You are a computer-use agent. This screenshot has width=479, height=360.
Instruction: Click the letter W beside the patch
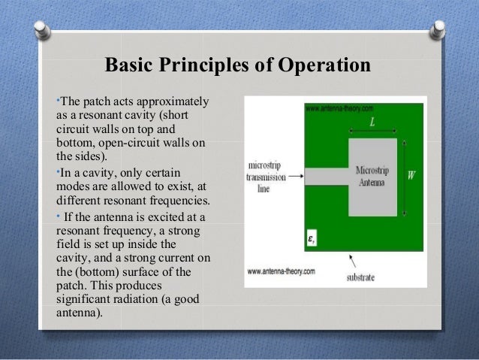coord(411,175)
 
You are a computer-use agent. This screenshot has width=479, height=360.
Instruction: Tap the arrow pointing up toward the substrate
coord(350,260)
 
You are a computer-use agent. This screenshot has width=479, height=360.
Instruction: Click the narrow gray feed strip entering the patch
coord(327,177)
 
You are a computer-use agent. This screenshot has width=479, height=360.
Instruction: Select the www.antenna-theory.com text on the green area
coord(336,108)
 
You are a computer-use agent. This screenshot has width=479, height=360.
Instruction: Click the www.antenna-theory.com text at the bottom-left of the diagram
coord(279,271)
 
